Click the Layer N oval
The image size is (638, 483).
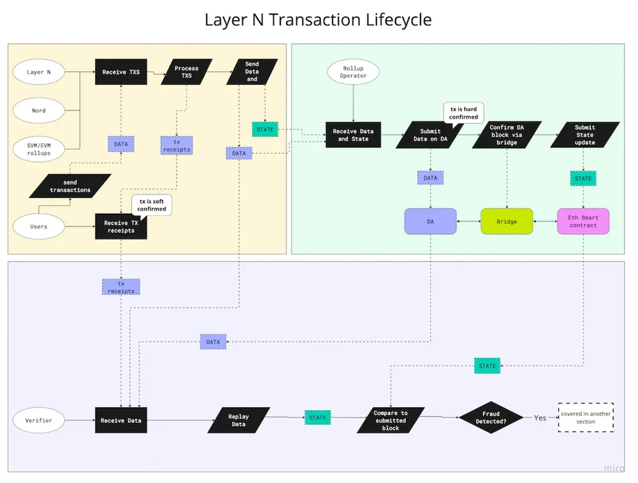(39, 72)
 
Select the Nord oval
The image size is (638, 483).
(39, 111)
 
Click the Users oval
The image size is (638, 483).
(39, 226)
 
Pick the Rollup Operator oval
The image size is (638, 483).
(354, 72)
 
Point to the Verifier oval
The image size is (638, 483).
(39, 420)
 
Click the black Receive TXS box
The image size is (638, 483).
(121, 72)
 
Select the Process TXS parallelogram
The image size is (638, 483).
(186, 72)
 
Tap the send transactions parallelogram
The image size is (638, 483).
(70, 186)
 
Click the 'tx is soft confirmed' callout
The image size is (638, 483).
(153, 205)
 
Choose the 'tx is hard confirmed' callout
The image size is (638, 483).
(463, 113)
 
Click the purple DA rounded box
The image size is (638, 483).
(431, 221)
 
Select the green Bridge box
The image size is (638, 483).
(507, 221)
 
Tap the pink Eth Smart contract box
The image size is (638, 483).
(583, 221)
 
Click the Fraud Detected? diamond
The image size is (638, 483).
(494, 417)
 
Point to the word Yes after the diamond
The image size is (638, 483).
(540, 418)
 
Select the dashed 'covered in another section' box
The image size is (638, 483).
(586, 418)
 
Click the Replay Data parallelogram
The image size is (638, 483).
(239, 420)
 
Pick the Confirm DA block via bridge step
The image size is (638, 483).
(507, 135)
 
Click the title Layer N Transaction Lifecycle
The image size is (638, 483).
(318, 20)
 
